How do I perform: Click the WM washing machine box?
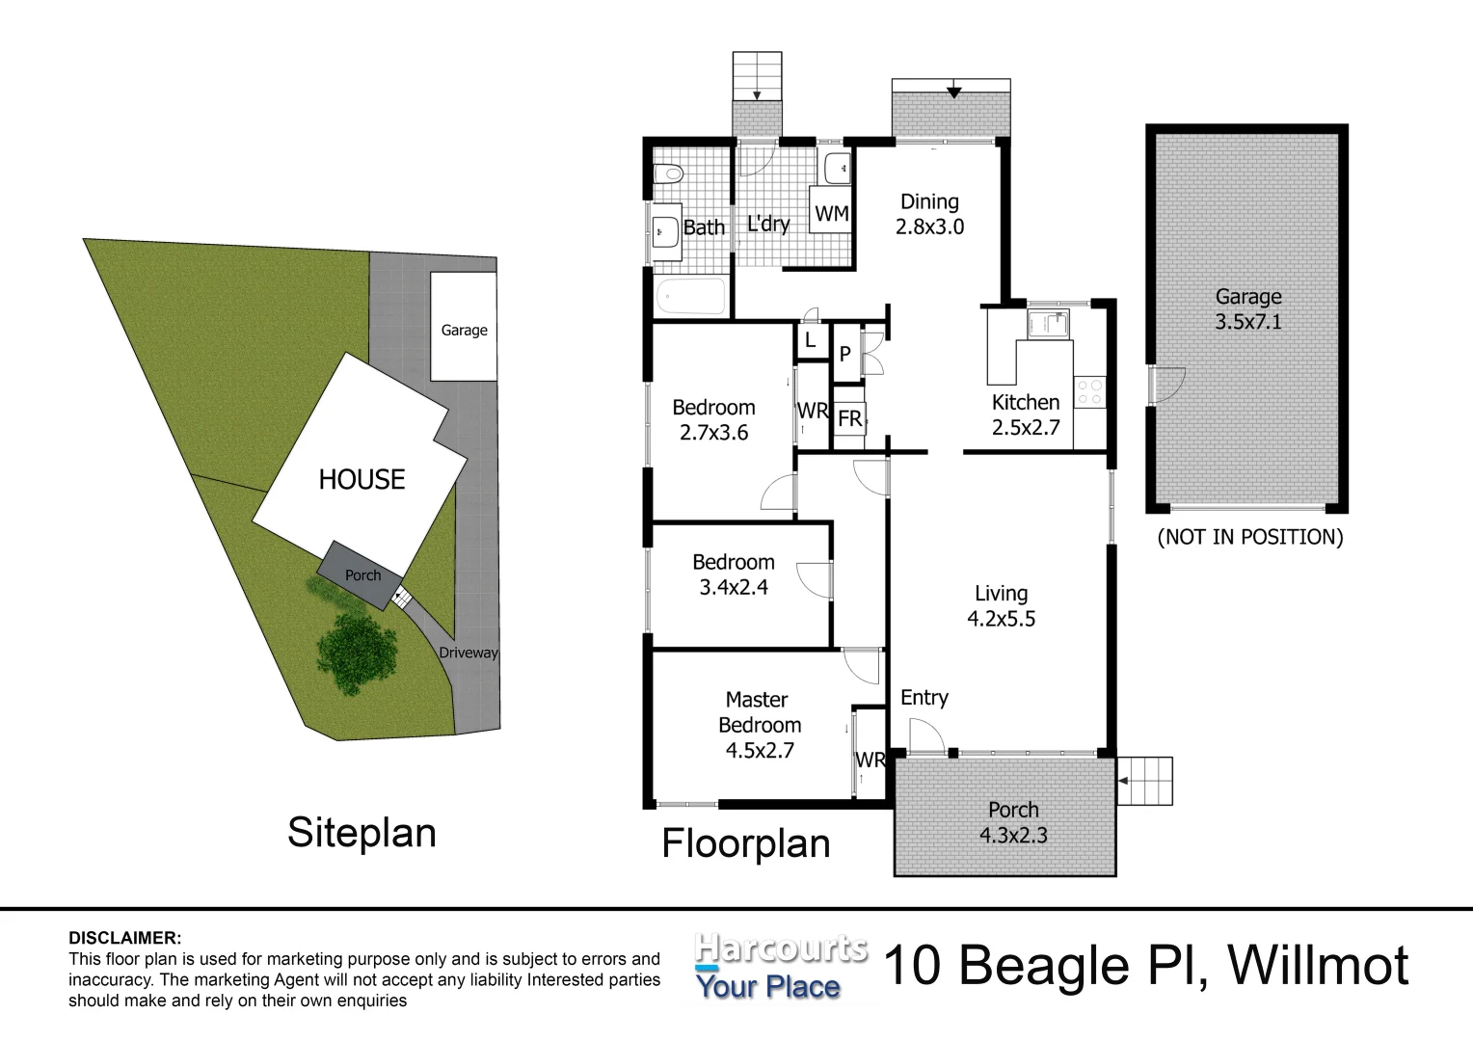pos(832,213)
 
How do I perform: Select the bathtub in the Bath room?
pos(690,296)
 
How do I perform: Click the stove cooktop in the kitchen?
pos(1090,390)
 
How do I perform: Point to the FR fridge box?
pos(849,419)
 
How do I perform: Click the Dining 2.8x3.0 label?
pos(929,214)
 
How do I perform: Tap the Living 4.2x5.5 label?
pos(1001,606)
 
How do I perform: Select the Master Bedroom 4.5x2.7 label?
pos(758,724)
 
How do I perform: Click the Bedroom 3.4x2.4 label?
pos(733,574)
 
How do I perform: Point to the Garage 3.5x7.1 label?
pos(1247,308)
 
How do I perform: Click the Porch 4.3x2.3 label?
pos(1013,822)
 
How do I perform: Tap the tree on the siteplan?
pos(357,651)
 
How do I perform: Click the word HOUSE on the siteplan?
pos(362,479)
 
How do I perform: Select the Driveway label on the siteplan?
pos(469,653)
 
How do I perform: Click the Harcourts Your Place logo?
pos(780,967)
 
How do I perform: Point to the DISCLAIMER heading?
pos(124,938)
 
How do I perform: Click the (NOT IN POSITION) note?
pos(1249,537)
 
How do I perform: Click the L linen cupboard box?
pos(810,339)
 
